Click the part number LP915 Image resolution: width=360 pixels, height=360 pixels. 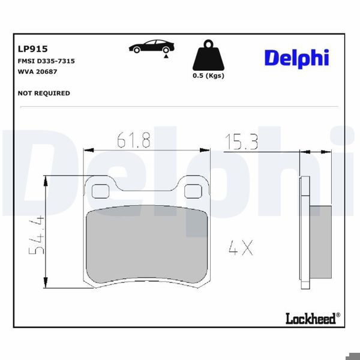34,49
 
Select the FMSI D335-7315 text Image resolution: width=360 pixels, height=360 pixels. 46,61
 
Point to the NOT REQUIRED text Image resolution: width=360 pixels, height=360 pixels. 44,93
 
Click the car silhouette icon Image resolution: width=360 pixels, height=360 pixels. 151,47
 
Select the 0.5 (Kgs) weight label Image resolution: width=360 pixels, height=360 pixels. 208,76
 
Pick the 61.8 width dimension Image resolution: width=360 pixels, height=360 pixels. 133,142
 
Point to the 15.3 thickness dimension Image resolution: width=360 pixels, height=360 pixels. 241,142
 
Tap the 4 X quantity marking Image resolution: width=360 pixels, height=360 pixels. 240,247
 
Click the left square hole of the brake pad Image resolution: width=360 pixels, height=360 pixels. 100,190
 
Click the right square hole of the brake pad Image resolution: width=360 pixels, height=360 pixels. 193,190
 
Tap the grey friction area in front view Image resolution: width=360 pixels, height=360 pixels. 147,246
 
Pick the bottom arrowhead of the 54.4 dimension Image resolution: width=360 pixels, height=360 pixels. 46,285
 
